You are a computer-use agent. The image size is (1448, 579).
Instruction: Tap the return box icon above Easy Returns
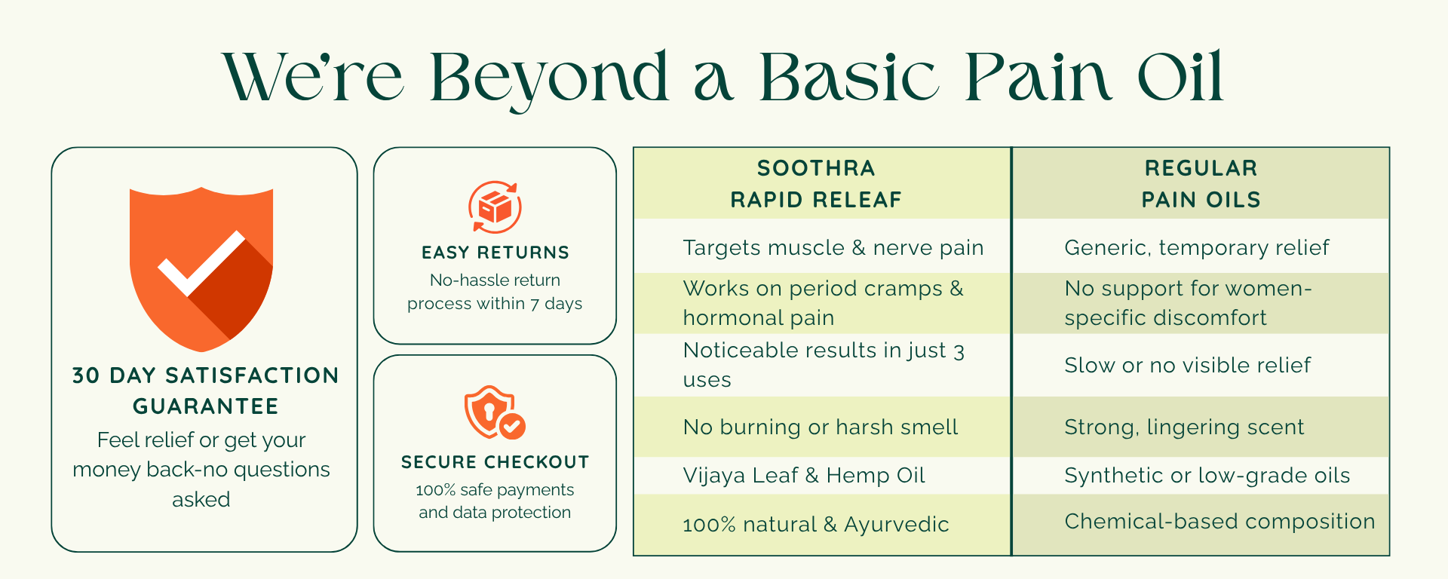tap(495, 207)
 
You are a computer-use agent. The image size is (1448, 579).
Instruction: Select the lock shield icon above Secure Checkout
tap(495, 412)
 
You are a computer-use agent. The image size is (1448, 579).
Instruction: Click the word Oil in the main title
tap(1180, 77)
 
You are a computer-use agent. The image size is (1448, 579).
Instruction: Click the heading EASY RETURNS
tap(495, 253)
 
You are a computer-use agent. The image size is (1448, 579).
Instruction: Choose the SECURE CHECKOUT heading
tap(495, 462)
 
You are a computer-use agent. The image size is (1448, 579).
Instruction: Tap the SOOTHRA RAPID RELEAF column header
tap(816, 184)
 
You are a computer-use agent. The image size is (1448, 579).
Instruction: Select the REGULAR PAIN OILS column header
tap(1201, 184)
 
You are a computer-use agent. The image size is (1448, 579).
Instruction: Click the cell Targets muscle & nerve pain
tap(833, 247)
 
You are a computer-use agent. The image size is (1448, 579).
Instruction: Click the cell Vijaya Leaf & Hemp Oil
tap(804, 476)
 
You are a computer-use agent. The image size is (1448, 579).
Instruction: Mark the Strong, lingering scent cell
tap(1184, 427)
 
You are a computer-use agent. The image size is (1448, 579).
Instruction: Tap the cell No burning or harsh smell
tap(821, 427)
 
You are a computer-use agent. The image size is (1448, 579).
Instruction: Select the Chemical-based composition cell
tap(1219, 522)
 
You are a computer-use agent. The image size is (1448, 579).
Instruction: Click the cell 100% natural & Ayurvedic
tap(816, 525)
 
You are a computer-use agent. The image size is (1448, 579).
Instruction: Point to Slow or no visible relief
tap(1188, 366)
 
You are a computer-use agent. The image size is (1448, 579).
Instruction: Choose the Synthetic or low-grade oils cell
tap(1207, 476)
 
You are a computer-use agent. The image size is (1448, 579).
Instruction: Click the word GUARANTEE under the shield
tap(205, 406)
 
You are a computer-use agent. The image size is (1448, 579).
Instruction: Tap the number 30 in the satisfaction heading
tap(86, 375)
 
